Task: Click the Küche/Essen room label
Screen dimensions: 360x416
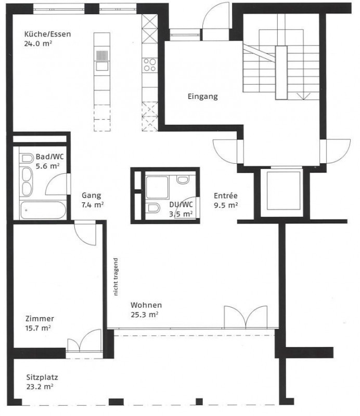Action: pyautogui.click(x=47, y=34)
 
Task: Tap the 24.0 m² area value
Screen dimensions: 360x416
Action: pyautogui.click(x=38, y=44)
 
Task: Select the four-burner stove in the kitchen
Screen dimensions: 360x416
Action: pyautogui.click(x=150, y=65)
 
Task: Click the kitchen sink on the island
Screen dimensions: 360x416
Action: pyautogui.click(x=102, y=66)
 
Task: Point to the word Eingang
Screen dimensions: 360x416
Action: pyautogui.click(x=202, y=96)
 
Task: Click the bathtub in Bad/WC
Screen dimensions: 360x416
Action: pyautogui.click(x=43, y=210)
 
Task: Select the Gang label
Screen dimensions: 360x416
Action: pyautogui.click(x=92, y=196)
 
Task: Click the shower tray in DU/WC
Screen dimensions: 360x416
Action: pyautogui.click(x=157, y=187)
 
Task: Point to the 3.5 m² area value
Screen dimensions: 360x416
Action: pyautogui.click(x=181, y=214)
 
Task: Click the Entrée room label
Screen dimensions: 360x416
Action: pyautogui.click(x=226, y=196)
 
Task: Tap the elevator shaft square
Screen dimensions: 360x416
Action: pyautogui.click(x=284, y=190)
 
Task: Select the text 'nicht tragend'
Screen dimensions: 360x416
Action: pyautogui.click(x=116, y=277)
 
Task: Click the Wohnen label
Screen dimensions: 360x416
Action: pyautogui.click(x=146, y=305)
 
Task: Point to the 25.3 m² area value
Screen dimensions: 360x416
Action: pyautogui.click(x=145, y=315)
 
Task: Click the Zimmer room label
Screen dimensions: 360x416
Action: pyautogui.click(x=40, y=318)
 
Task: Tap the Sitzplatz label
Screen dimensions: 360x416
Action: pyautogui.click(x=42, y=378)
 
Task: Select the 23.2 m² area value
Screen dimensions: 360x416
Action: pyautogui.click(x=40, y=386)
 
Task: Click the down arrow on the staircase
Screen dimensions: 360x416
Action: pyautogui.click(x=303, y=96)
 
